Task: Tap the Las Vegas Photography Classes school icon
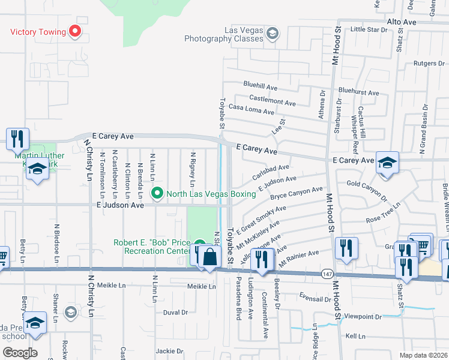(x=272, y=32)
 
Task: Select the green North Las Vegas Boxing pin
(x=157, y=193)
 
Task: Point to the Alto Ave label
(x=402, y=22)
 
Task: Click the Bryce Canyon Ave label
(x=296, y=194)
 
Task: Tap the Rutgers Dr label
(x=428, y=63)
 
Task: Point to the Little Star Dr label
(x=369, y=29)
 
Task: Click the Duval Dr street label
(x=175, y=313)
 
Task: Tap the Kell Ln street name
(x=355, y=336)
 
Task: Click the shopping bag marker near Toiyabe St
(x=210, y=258)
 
